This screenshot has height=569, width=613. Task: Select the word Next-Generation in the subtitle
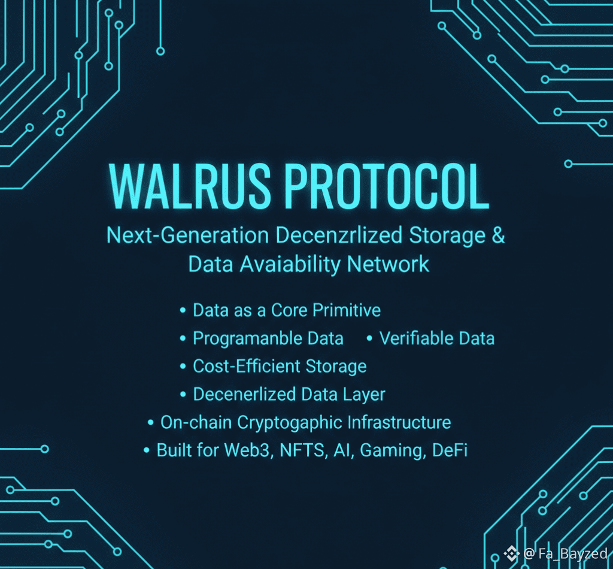(x=187, y=235)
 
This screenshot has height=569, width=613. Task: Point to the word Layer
(x=365, y=394)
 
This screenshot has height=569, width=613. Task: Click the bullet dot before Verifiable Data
(x=369, y=339)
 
